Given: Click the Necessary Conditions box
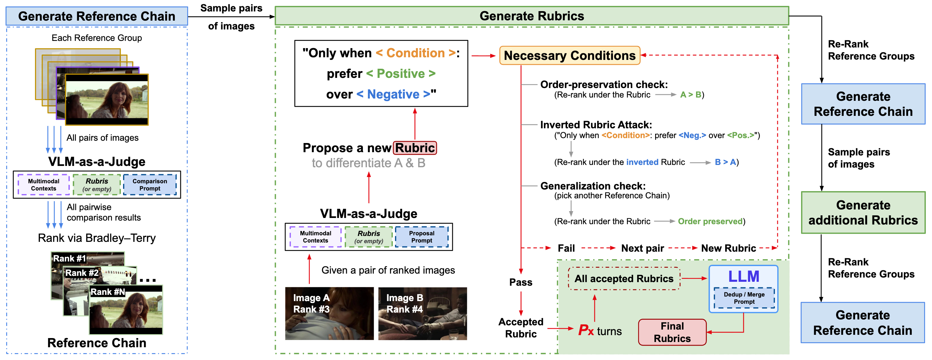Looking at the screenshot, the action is coord(569,55).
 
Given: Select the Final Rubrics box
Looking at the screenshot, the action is coord(672,332).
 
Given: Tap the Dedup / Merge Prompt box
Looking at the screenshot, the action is coord(744,298).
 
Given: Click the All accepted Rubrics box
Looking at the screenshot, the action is coord(624,279).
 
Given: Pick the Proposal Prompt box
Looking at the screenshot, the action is coord(421,237).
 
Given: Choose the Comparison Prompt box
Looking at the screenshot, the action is coord(150,185).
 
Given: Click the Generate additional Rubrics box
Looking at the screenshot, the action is coord(863,213).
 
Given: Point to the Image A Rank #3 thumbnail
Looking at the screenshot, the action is coord(329,313).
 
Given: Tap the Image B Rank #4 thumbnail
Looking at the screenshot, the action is coord(422,313).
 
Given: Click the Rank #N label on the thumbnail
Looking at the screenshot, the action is coord(107,292).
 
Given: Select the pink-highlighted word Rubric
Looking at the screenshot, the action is coord(415,148).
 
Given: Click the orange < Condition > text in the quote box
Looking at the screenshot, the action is coord(416,53).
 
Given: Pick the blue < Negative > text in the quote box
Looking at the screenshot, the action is coord(393,95).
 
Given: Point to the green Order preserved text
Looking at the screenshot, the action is coord(710,222).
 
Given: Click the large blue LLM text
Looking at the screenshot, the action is coord(744,277).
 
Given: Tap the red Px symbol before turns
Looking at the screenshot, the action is coord(586,330).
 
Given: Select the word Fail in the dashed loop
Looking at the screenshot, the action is coord(566,248).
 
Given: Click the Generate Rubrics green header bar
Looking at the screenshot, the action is coord(532,16).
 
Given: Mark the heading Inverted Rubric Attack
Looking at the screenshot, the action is coord(596,125).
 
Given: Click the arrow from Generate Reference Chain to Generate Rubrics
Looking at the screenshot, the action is coord(232,17).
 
